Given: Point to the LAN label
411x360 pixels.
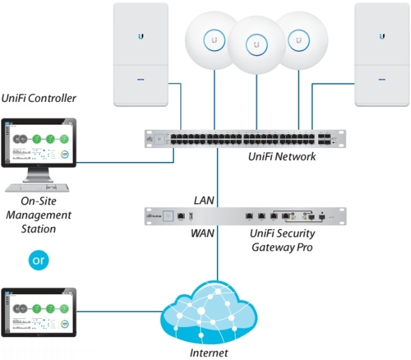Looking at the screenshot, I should tap(203, 201).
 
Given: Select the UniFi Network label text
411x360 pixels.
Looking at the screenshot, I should tap(282, 156).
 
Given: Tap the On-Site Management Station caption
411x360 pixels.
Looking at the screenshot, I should tap(39, 215).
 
